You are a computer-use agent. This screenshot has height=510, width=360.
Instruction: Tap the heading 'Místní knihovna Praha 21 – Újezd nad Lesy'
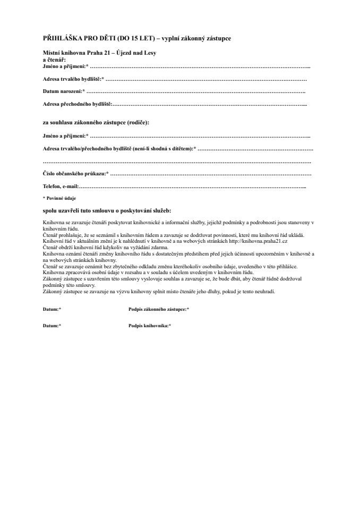[99, 54]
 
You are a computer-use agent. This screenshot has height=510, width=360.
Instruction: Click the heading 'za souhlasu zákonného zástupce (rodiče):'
[96, 122]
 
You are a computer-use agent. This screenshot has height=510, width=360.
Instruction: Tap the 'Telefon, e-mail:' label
[61, 186]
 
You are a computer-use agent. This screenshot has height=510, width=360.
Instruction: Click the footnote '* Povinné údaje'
[56, 198]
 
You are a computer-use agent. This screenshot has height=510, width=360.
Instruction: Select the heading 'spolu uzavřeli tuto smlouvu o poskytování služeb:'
[107, 210]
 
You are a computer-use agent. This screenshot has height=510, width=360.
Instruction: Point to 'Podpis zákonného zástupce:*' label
[159, 309]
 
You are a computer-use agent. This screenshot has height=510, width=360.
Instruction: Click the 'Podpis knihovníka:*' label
[150, 325]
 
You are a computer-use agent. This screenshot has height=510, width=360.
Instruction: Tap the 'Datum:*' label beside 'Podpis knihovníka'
[52, 325]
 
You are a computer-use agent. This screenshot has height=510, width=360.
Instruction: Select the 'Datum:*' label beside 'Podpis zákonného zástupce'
[52, 309]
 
